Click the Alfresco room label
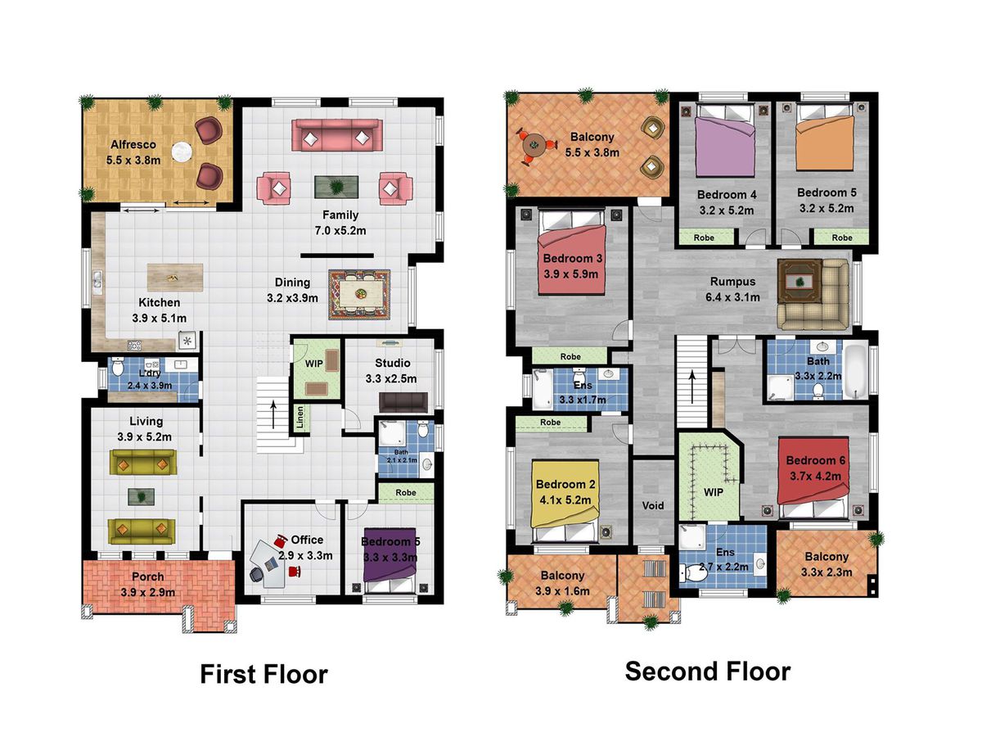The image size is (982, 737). tap(133, 145)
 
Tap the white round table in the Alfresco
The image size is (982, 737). tap(182, 151)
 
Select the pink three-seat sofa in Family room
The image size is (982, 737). tap(337, 134)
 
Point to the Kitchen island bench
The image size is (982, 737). tap(175, 278)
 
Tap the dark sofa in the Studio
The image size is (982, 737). tap(403, 402)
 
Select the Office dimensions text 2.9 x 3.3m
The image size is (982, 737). tap(305, 556)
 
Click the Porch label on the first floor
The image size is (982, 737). tap(147, 576)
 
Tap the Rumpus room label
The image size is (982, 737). tap(732, 282)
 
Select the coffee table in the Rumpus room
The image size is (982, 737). tap(800, 282)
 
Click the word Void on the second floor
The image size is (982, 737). tap(653, 505)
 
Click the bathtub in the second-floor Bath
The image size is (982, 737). tap(856, 371)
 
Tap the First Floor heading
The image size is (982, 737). tap(264, 674)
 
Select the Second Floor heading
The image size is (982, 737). tap(707, 671)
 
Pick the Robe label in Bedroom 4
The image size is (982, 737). tap(704, 237)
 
